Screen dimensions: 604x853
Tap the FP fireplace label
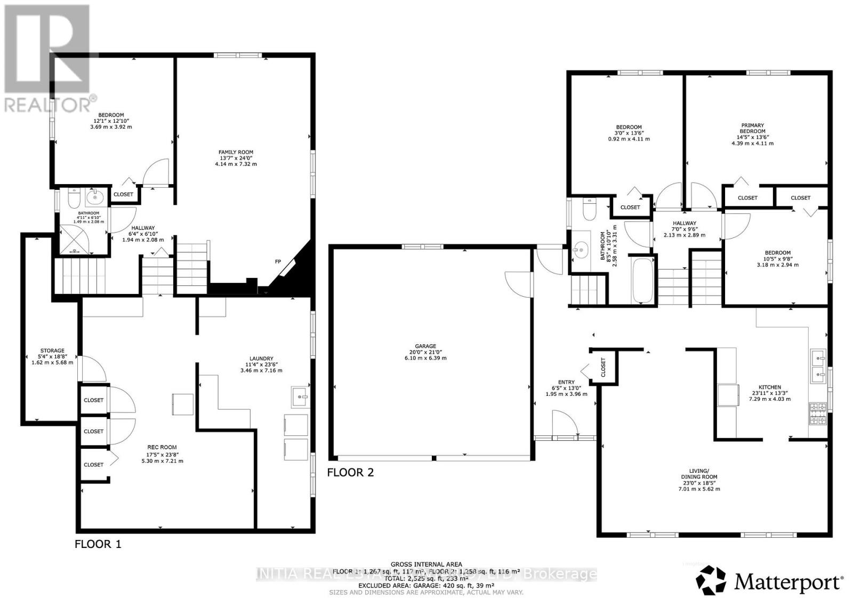pyautogui.click(x=278, y=261)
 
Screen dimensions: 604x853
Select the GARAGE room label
pyautogui.click(x=426, y=346)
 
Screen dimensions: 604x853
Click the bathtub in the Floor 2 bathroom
pyautogui.click(x=641, y=281)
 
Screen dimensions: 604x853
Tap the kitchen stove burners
pyautogui.click(x=818, y=414)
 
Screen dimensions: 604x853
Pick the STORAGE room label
pyautogui.click(x=52, y=351)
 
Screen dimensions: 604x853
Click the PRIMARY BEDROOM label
pyautogui.click(x=752, y=128)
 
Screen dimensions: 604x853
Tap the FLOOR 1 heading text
pyautogui.click(x=98, y=544)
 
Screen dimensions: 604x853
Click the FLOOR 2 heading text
pyautogui.click(x=350, y=472)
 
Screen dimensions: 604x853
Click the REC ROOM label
pyautogui.click(x=162, y=448)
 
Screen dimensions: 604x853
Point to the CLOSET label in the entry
pyautogui.click(x=603, y=367)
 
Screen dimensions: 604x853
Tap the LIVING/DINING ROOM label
pyautogui.click(x=698, y=474)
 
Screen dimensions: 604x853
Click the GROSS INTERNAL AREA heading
pyautogui.click(x=426, y=564)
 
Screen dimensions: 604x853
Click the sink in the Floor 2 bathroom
pyautogui.click(x=582, y=249)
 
